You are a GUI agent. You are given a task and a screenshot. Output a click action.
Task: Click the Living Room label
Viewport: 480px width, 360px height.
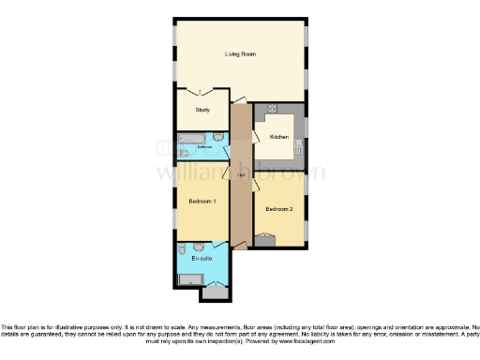(x=240, y=53)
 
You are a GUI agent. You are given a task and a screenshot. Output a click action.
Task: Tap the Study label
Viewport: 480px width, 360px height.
(x=202, y=110)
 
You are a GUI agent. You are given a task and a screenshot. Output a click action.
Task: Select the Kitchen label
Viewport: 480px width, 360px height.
(x=278, y=137)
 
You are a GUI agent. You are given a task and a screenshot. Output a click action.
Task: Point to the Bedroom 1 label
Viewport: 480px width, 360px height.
(x=202, y=202)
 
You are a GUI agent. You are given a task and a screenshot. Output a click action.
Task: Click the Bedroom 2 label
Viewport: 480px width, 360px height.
(x=279, y=209)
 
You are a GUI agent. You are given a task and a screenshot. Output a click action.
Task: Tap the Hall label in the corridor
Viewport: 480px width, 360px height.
(x=240, y=175)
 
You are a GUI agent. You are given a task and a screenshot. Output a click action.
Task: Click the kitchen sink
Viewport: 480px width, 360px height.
(x=299, y=145)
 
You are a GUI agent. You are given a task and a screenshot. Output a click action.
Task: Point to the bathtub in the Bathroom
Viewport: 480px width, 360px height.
(x=191, y=140)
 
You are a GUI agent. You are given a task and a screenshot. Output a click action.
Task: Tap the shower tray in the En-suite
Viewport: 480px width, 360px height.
(x=190, y=278)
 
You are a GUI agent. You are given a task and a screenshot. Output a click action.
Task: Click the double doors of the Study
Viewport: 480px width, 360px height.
(x=200, y=91)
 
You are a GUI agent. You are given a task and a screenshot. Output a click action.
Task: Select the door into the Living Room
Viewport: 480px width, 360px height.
(x=241, y=99)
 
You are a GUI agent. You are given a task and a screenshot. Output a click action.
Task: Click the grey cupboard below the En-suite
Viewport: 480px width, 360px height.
(x=216, y=292)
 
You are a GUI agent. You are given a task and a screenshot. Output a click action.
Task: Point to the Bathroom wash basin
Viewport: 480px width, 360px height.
(x=182, y=153)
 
